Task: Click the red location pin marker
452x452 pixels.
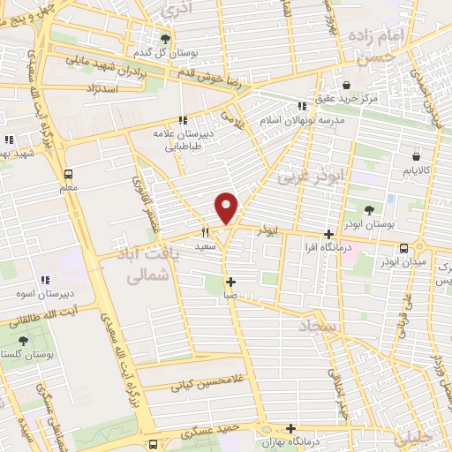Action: (228, 207)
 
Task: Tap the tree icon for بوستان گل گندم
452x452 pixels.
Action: (165, 38)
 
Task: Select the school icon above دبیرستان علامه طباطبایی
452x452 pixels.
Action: (182, 120)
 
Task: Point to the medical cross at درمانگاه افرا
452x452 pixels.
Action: (328, 235)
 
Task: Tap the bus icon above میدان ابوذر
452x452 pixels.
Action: (403, 248)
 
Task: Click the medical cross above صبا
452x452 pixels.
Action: (230, 283)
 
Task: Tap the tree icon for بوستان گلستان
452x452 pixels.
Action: (22, 340)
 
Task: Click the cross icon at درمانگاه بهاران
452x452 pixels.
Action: (290, 428)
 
